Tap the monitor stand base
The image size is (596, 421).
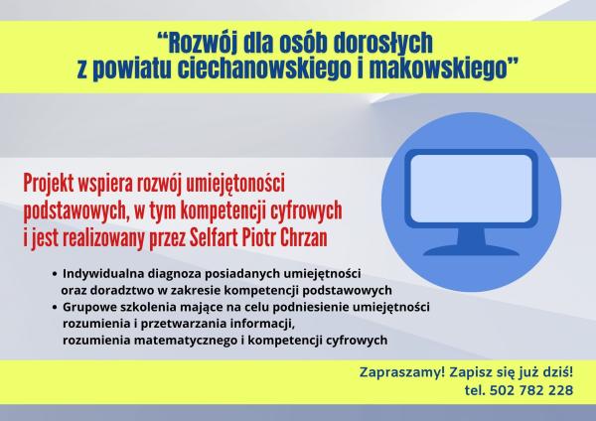471,245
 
